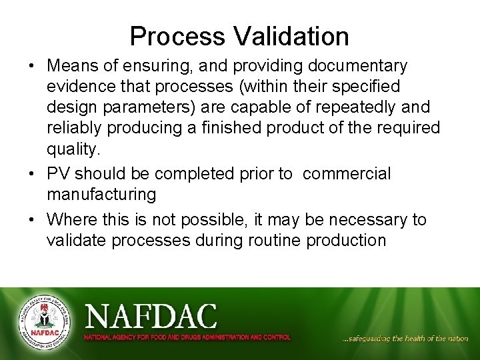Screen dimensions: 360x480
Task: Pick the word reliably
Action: tap(74, 127)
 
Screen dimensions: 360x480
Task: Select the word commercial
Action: tap(347, 174)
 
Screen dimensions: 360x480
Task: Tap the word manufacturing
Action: tap(101, 195)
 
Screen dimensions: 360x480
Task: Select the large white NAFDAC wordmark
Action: tap(151, 315)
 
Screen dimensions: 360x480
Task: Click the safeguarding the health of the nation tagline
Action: tap(405, 339)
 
